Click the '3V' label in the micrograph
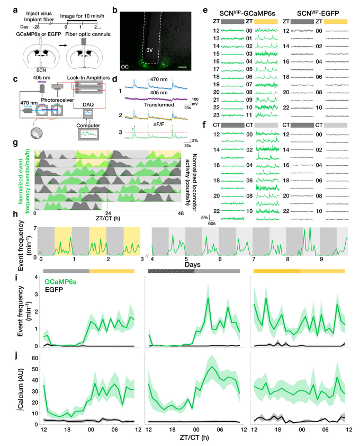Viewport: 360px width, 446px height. coord(150,51)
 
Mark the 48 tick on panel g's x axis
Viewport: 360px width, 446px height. coord(179,212)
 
